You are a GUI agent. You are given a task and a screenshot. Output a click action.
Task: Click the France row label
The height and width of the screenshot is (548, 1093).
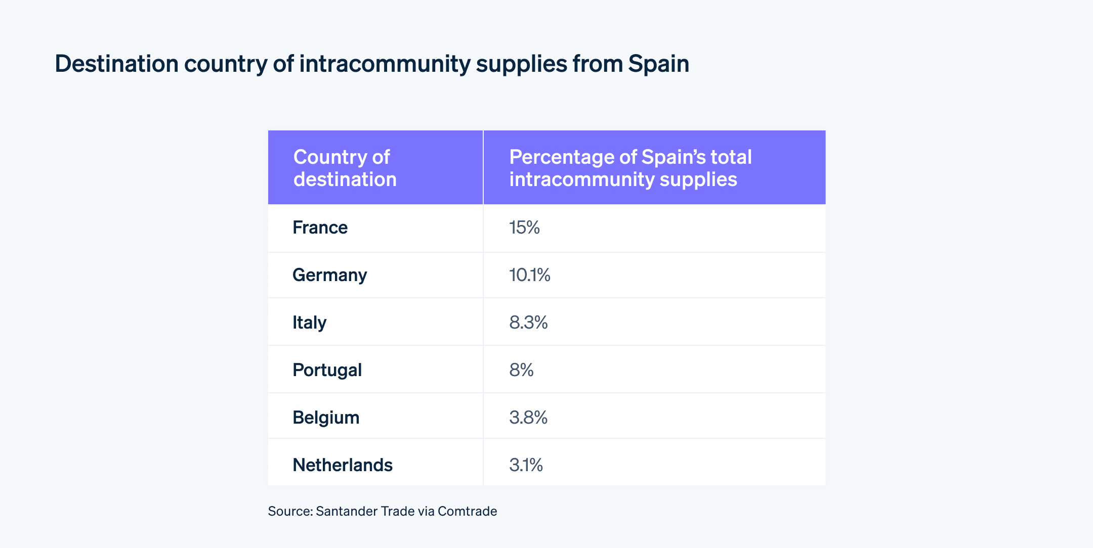coord(320,227)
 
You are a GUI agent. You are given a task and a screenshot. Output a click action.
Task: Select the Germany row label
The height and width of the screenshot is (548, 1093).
coord(329,275)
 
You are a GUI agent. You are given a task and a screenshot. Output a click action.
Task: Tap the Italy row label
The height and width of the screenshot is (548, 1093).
coord(309,323)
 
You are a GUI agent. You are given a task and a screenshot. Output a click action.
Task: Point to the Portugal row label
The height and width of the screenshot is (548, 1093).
coord(327,370)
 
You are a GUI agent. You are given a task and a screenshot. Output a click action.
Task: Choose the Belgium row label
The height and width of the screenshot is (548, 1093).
coord(326,418)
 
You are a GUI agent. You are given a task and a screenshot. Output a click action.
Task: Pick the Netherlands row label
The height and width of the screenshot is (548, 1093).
coord(342,465)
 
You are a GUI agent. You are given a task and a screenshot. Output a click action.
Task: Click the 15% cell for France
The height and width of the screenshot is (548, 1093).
coord(524,227)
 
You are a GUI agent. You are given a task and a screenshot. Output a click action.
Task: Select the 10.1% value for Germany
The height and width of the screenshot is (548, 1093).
coord(529,275)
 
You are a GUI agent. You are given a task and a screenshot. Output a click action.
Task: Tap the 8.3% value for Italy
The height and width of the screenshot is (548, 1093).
coord(528,323)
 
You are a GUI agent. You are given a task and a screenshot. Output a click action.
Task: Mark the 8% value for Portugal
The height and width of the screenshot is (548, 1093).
coord(521,370)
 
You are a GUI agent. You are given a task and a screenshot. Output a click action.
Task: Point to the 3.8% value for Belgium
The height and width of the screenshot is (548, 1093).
coord(528,418)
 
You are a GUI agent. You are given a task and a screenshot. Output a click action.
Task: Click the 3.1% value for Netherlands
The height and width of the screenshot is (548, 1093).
coord(526,465)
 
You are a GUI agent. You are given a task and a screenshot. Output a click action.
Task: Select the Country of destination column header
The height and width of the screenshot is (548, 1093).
coord(345,168)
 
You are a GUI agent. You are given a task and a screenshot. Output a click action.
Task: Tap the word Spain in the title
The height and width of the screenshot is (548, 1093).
coord(658,64)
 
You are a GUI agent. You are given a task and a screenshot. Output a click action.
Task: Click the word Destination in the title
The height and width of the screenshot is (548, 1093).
coord(116,64)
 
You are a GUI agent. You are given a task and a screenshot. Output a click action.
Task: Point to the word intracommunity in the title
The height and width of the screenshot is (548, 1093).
coord(385,64)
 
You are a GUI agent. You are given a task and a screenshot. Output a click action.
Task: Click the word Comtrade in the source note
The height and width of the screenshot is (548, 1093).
coord(467,511)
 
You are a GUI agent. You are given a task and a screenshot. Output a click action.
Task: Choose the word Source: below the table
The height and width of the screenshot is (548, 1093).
coord(290,511)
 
